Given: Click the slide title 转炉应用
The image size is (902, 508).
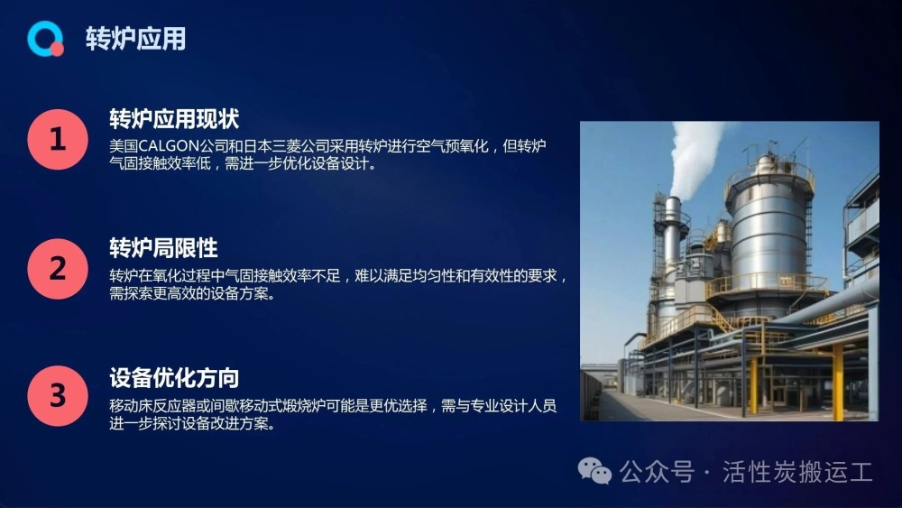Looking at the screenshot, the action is pyautogui.click(x=136, y=39).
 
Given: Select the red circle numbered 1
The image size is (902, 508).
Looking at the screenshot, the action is pyautogui.click(x=58, y=139).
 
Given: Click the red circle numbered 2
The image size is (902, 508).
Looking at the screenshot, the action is pyautogui.click(x=58, y=269).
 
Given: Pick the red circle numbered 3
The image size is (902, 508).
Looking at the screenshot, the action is pyautogui.click(x=58, y=396).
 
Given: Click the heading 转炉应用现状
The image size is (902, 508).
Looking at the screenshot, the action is pyautogui.click(x=174, y=119).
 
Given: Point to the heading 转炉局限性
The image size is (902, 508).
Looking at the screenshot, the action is pyautogui.click(x=163, y=248).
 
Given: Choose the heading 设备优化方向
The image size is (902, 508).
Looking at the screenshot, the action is pyautogui.click(x=174, y=378).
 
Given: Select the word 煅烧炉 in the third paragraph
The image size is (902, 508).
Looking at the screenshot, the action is pyautogui.click(x=305, y=406).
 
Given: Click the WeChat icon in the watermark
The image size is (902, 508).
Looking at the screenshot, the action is pyautogui.click(x=594, y=471).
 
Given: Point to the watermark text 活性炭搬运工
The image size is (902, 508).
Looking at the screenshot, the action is pyautogui.click(x=798, y=472).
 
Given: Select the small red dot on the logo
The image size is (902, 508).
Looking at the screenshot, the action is pyautogui.click(x=56, y=50).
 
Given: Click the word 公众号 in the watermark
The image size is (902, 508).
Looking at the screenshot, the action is pyautogui.click(x=657, y=472).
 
